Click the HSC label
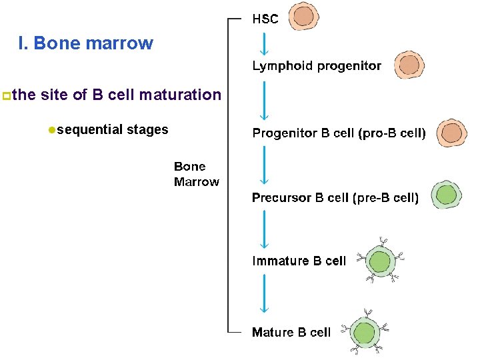tap(265, 19)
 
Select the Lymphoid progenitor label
tap(317, 66)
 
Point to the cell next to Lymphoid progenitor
tap(409, 65)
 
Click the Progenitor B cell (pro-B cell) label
tap(339, 133)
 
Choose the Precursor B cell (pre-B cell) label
tap(335, 197)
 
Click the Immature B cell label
tap(299, 261)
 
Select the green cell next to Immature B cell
tap(380, 259)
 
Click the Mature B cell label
tap(291, 332)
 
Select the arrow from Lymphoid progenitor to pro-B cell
tap(265, 99)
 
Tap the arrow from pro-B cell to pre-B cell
tap(265, 165)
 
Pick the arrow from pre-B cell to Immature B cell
tap(265, 229)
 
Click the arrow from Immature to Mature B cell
tap(265, 293)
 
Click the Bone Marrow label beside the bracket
tap(196, 174)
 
